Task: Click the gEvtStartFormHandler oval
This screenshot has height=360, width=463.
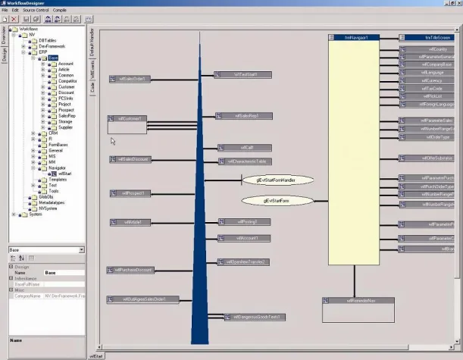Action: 273,180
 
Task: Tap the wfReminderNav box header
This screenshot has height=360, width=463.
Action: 356,302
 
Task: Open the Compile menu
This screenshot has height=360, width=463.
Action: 60,10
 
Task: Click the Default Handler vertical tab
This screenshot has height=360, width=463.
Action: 92,43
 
